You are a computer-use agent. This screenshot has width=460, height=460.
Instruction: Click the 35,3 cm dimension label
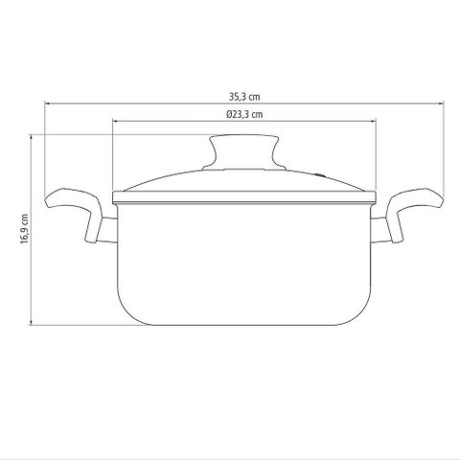[244, 97]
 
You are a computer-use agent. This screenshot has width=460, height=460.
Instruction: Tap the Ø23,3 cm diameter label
[244, 114]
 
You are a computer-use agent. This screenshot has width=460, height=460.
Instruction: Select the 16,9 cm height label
[25, 229]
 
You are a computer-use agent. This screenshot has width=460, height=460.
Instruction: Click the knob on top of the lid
[244, 152]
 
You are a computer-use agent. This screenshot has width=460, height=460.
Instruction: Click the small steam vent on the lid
[320, 174]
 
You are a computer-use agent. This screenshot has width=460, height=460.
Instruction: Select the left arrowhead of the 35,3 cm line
[47, 103]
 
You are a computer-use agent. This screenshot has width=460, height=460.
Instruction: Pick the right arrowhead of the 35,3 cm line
[442, 103]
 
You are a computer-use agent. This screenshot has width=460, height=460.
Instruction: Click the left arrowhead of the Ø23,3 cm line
[115, 121]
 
